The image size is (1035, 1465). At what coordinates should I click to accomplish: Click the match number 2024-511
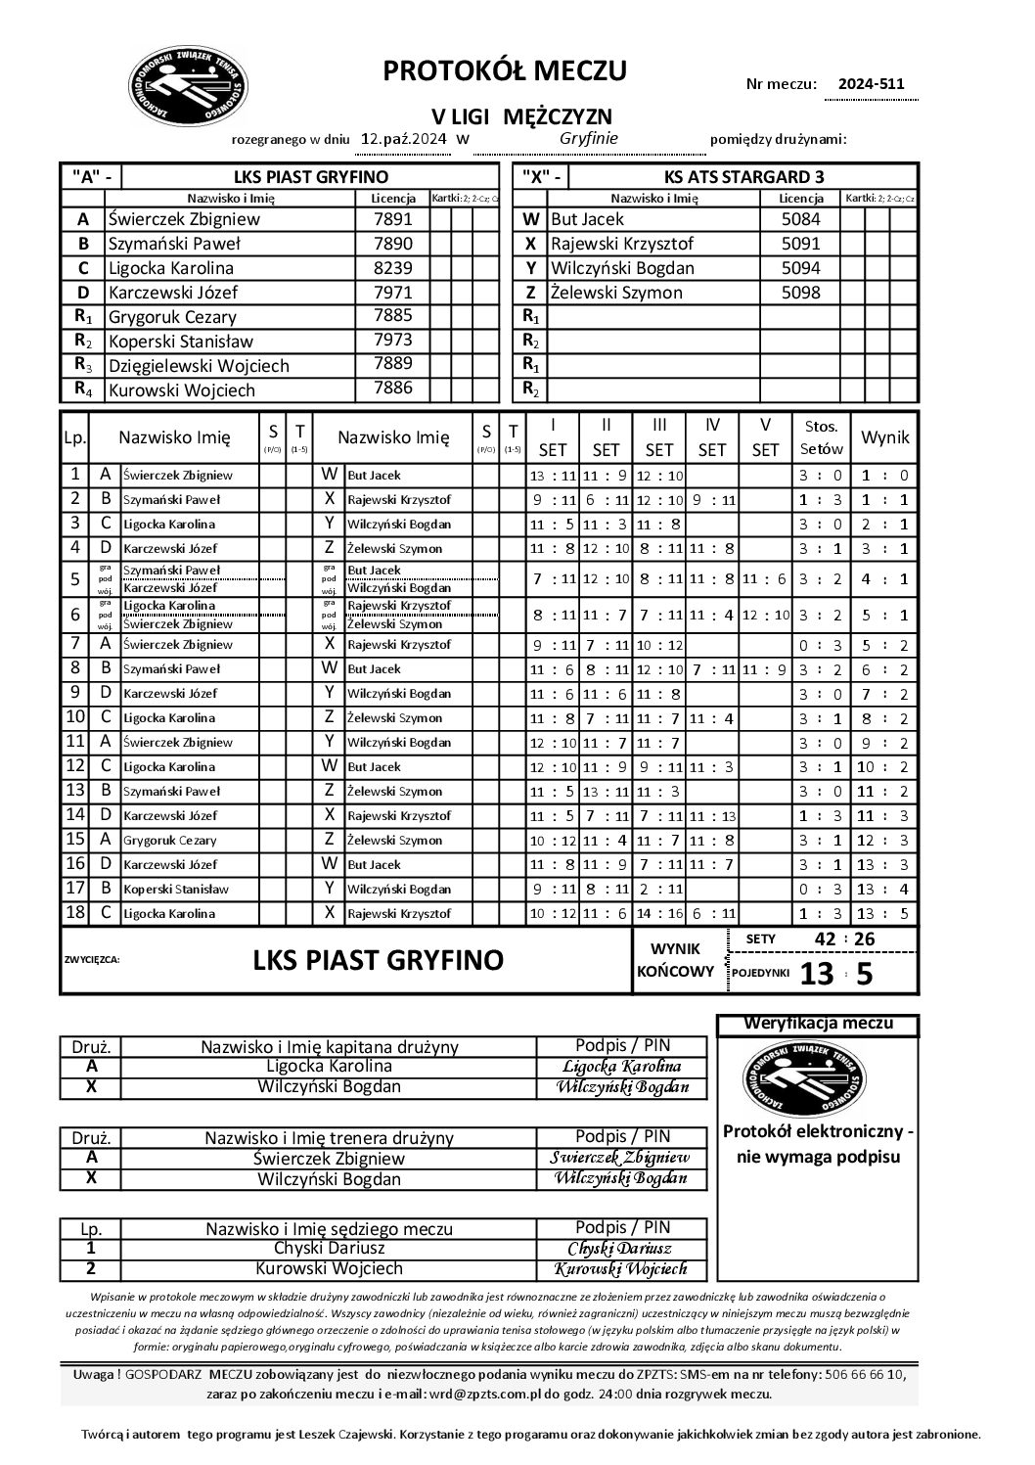(x=865, y=84)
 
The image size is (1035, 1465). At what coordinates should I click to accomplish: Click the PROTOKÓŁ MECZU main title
(x=505, y=70)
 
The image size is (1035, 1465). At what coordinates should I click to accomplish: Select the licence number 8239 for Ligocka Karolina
(x=393, y=268)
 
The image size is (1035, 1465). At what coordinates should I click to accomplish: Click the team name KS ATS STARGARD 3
(x=743, y=177)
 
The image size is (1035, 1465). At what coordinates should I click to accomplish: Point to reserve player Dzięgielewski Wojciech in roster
(x=199, y=366)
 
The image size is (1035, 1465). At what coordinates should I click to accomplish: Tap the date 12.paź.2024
(x=403, y=139)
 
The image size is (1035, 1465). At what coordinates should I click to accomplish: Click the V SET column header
(x=765, y=437)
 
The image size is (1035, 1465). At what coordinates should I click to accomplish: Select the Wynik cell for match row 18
(x=884, y=914)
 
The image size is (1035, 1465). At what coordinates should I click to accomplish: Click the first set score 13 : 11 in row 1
(x=553, y=476)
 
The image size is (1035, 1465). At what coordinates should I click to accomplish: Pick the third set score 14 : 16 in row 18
(x=659, y=914)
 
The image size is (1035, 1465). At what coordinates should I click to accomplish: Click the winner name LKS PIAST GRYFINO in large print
(x=378, y=960)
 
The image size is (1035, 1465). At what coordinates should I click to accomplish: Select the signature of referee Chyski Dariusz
(x=622, y=1249)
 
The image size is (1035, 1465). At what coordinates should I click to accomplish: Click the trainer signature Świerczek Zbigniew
(x=622, y=1158)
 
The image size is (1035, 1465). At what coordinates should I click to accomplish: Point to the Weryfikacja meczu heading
(x=819, y=1025)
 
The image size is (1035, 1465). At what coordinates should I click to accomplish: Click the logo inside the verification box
(x=818, y=1077)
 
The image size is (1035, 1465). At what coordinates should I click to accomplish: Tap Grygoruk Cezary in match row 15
(x=170, y=841)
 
